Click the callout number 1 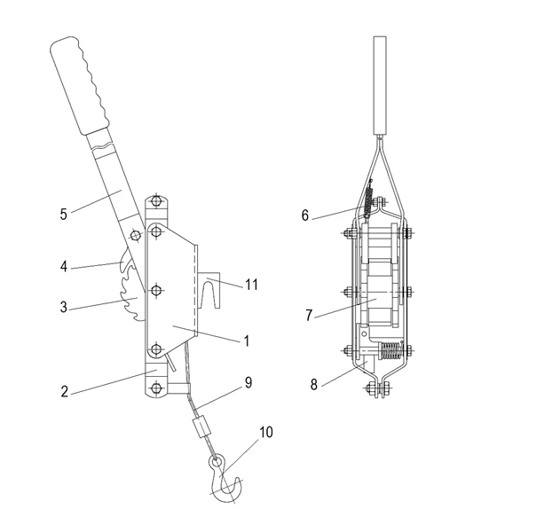[x=246, y=341]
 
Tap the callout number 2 [x=65, y=391]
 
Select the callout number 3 [x=64, y=308]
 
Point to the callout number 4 [x=64, y=264]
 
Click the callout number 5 [x=63, y=214]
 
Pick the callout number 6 [x=305, y=215]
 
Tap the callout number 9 [x=248, y=383]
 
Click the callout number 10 [x=266, y=433]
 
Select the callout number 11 [x=251, y=285]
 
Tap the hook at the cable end [x=225, y=478]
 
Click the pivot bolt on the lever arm [x=134, y=235]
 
